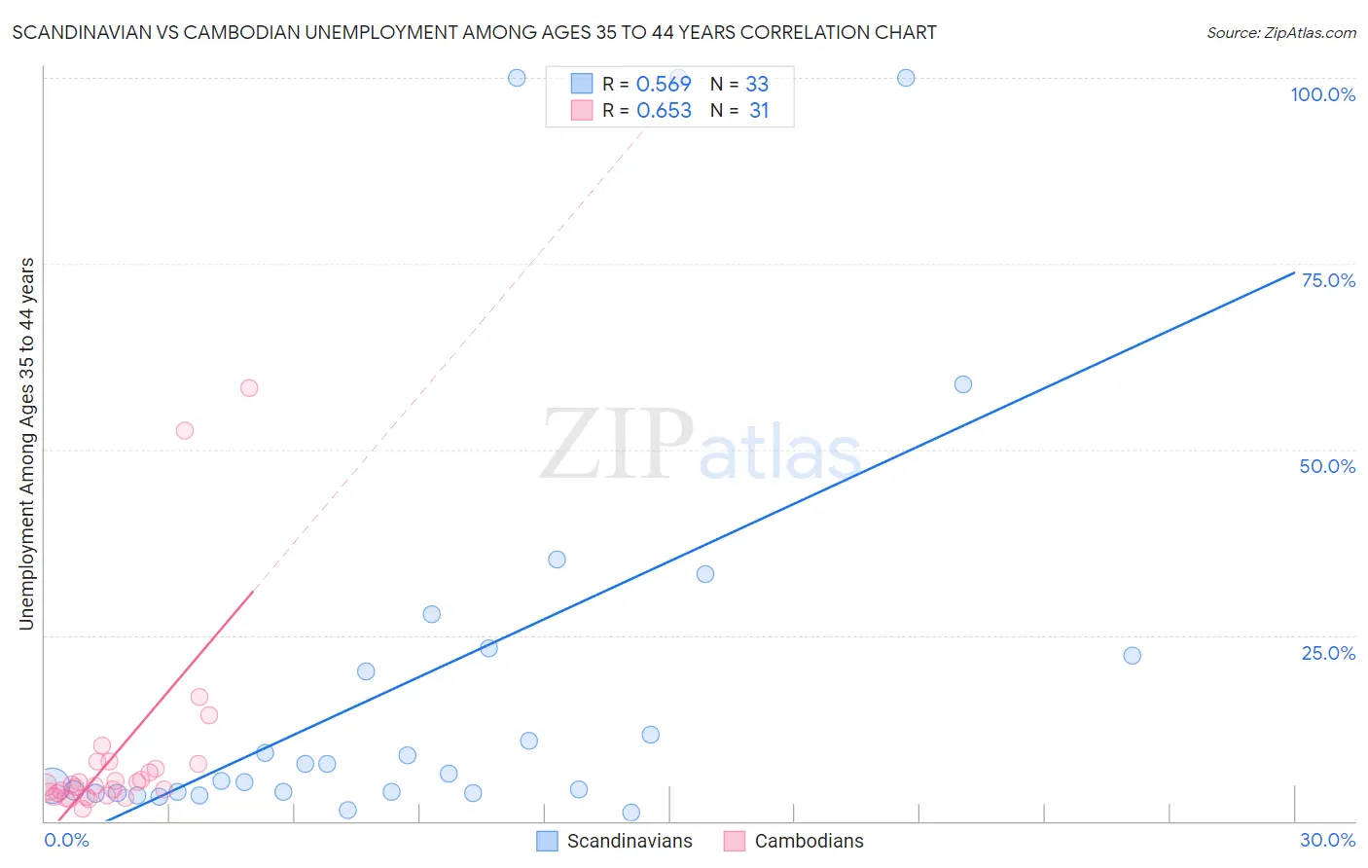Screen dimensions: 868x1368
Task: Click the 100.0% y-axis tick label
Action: point(1322,94)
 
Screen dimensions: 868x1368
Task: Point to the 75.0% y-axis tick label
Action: point(1328,280)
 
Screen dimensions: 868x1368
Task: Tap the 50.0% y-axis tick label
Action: point(1327,466)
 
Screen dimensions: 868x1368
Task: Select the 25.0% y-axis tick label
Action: point(1328,653)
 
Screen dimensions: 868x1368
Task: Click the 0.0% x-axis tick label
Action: point(66,840)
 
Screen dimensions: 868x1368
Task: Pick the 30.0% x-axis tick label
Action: point(1327,840)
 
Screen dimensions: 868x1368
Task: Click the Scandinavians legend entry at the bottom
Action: point(615,841)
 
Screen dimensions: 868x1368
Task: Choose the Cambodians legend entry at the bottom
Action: point(794,841)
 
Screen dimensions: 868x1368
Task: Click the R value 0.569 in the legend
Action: point(664,84)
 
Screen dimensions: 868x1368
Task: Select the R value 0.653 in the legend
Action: point(664,111)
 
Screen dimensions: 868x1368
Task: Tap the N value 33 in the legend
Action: point(757,84)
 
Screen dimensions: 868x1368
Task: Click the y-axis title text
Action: point(27,444)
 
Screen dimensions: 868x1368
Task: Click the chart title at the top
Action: point(475,32)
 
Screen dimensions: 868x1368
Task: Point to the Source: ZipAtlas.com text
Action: point(1280,33)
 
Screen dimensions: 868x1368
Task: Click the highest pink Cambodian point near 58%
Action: point(249,388)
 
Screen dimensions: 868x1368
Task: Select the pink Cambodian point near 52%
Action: point(185,430)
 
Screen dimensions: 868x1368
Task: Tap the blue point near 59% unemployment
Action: point(963,384)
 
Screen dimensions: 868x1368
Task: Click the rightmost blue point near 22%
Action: point(1132,656)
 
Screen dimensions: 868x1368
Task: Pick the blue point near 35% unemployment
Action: point(557,560)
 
